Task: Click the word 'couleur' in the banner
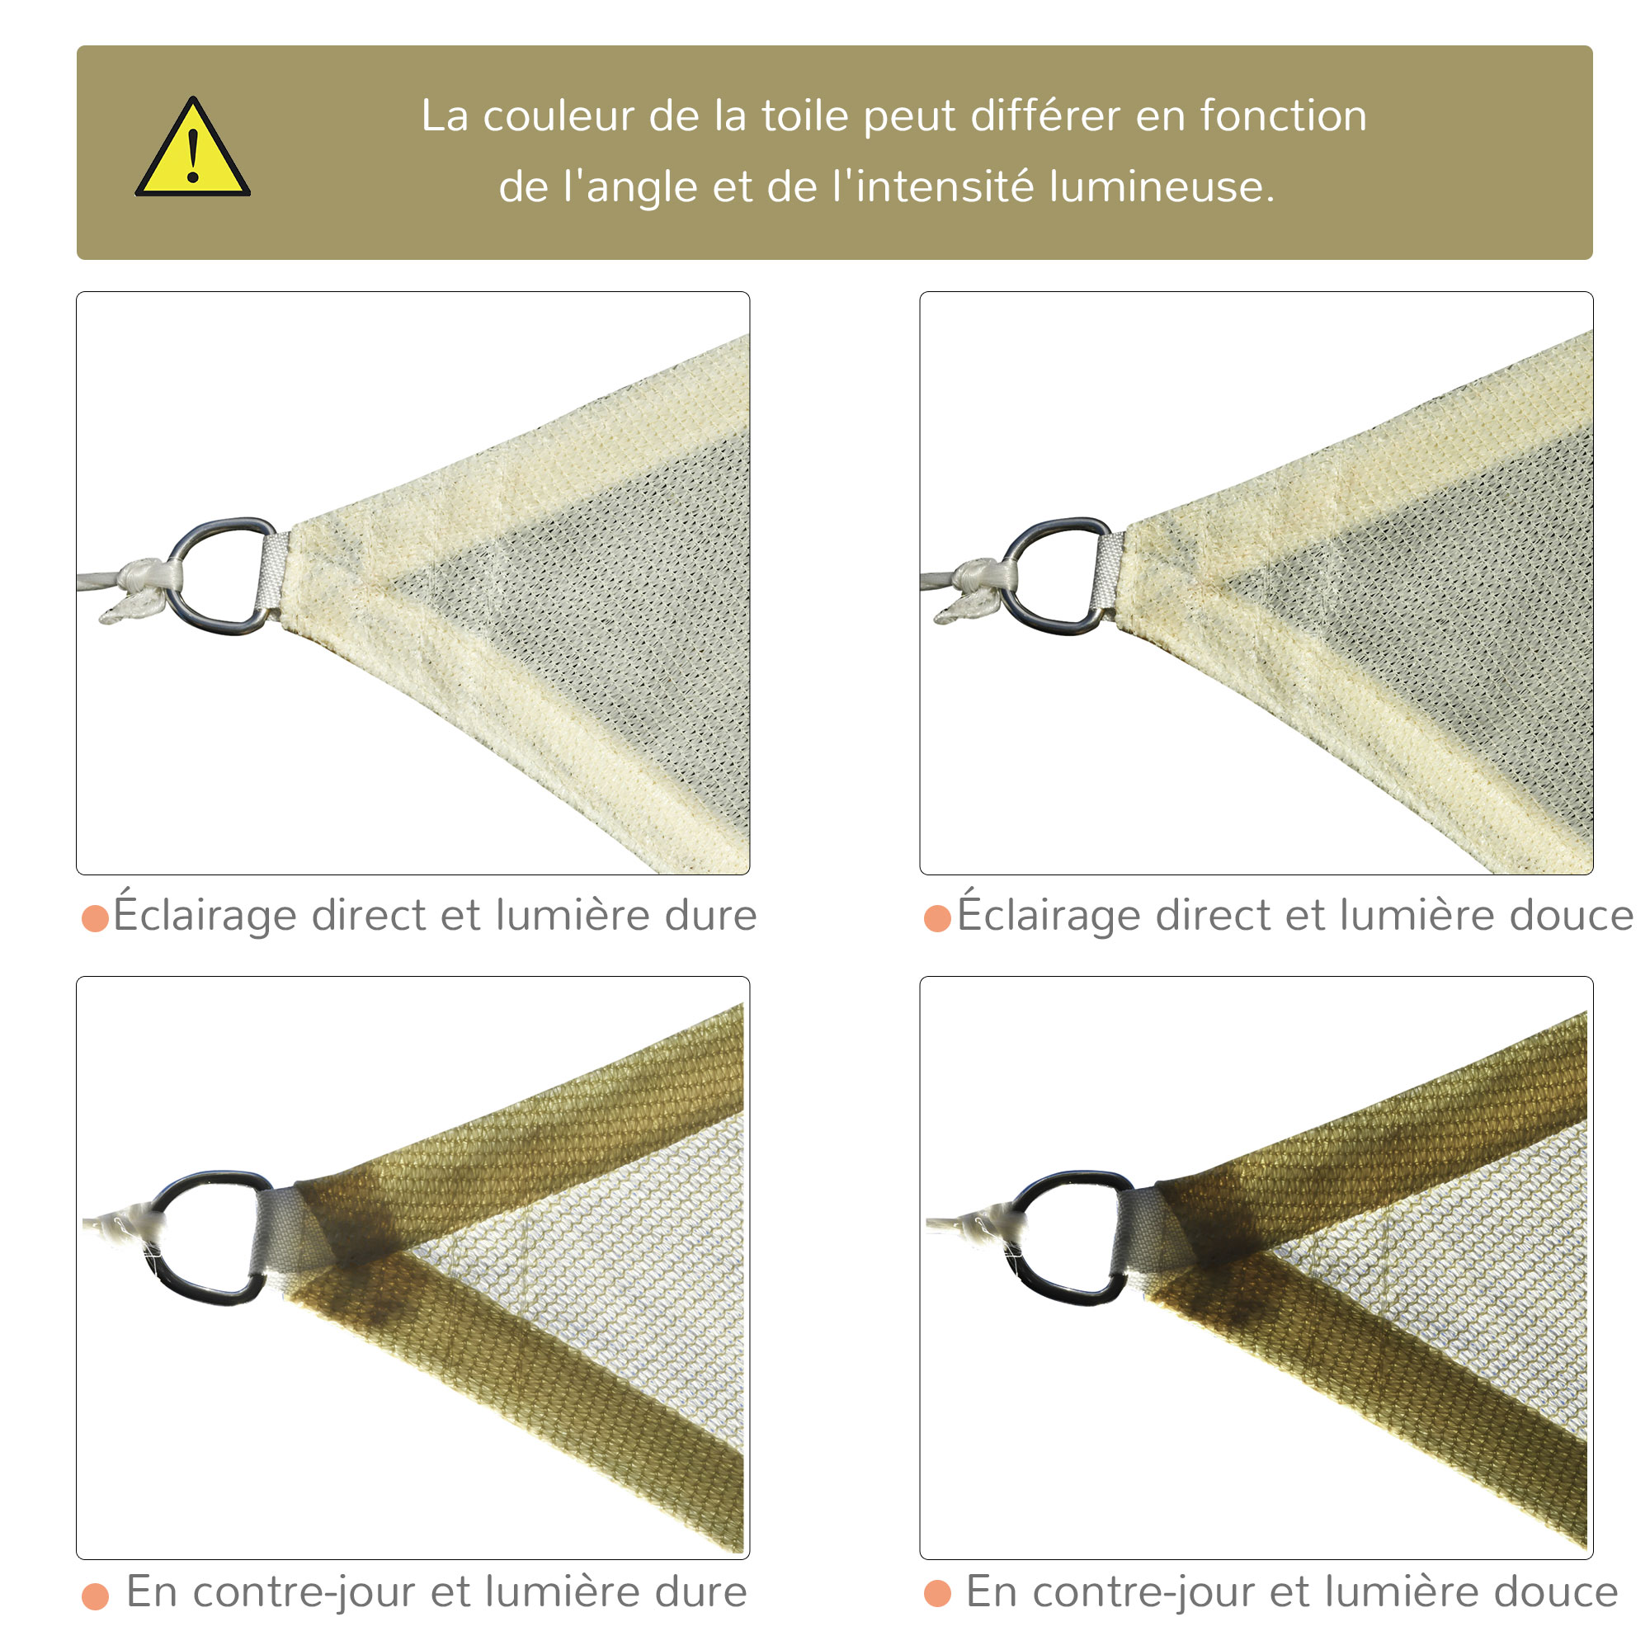(559, 115)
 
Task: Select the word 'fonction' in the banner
(1283, 115)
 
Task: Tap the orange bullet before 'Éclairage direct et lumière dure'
(95, 919)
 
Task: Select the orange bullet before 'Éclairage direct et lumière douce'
(938, 919)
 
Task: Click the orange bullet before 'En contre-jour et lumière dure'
(95, 1596)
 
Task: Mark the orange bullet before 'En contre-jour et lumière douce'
(938, 1594)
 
